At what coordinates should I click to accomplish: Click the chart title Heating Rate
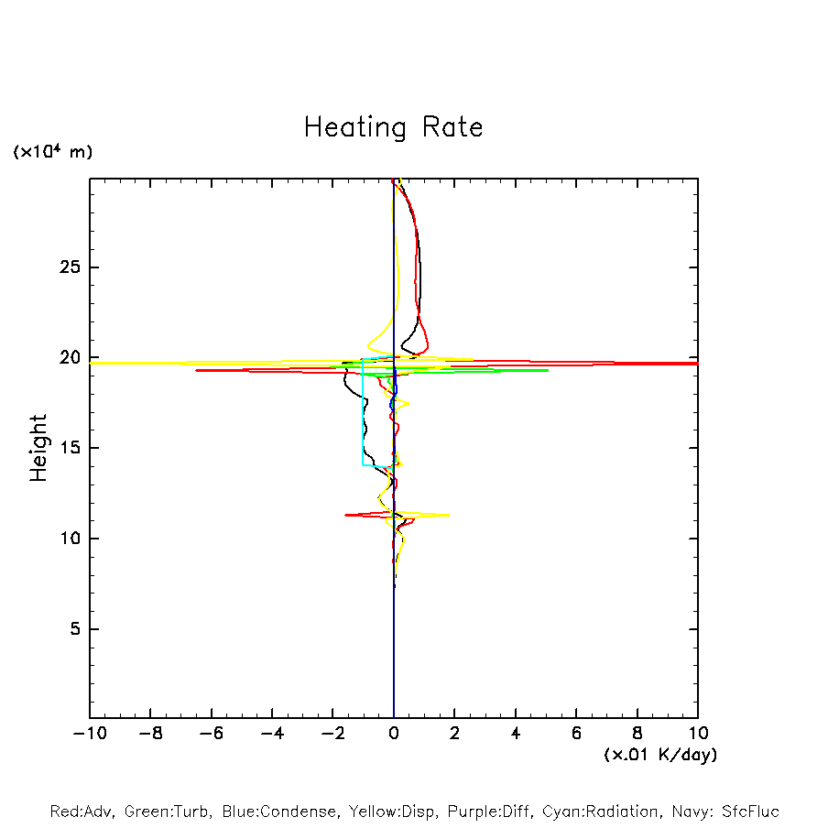click(393, 127)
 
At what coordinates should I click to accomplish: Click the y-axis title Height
click(38, 448)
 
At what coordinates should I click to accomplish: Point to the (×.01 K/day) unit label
click(660, 755)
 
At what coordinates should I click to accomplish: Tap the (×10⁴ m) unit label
click(53, 152)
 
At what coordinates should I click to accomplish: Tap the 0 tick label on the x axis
click(394, 734)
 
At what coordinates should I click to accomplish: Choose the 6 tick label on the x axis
click(576, 734)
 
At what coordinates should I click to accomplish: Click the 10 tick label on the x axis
click(698, 734)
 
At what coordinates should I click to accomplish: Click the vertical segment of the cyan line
click(363, 412)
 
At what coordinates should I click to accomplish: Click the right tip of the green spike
click(548, 370)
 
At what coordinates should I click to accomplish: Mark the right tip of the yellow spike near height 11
click(449, 515)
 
